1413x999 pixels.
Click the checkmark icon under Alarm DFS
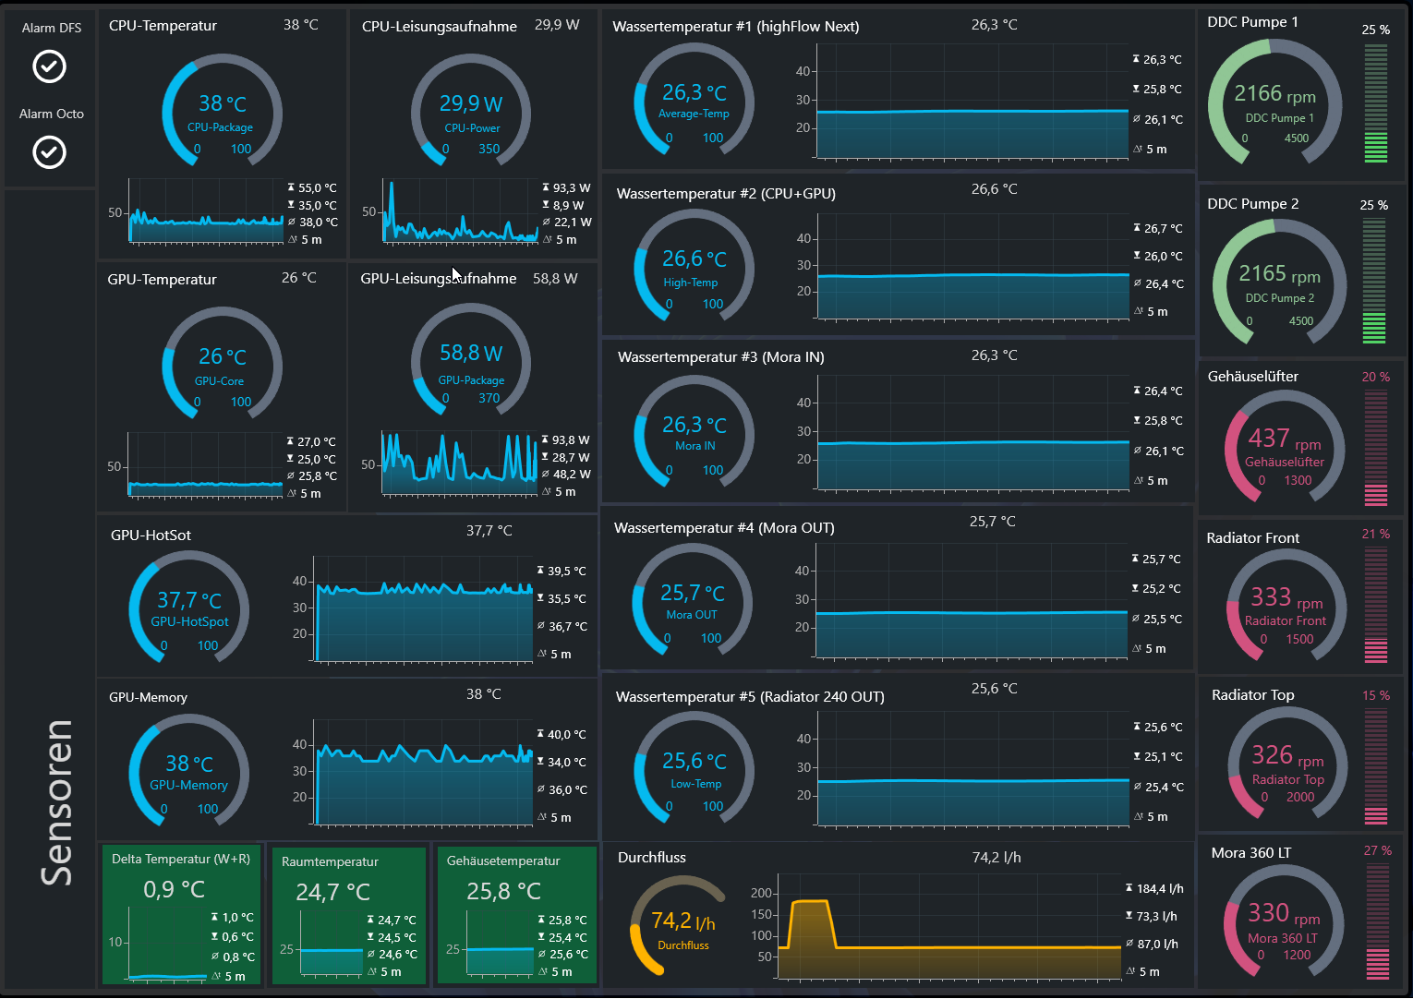pos(49,66)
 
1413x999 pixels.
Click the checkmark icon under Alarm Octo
pos(49,152)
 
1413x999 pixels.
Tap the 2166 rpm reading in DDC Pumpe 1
pos(1274,94)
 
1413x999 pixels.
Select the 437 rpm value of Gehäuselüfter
pos(1285,439)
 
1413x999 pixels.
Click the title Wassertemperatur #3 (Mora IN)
pos(721,357)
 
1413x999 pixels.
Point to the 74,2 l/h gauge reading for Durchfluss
pos(683,921)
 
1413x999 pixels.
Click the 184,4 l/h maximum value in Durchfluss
pos(1160,888)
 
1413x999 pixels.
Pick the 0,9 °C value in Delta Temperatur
pos(175,889)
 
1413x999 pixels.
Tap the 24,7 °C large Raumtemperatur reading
pos(333,892)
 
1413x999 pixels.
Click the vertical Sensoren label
pos(56,803)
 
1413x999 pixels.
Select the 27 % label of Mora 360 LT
pos(1378,850)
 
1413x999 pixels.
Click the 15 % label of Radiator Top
pos(1376,695)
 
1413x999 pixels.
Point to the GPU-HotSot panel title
pos(151,536)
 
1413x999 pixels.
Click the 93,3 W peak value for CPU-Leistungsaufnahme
pos(572,188)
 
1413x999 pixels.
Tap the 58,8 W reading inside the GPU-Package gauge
pos(471,354)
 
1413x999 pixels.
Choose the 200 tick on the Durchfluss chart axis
pos(761,893)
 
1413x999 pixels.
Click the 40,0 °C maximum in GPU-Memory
pos(566,735)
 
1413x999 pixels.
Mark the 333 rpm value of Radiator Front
pos(1286,597)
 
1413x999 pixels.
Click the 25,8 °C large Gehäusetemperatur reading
pos(503,891)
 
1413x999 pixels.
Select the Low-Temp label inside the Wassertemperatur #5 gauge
pos(695,784)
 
